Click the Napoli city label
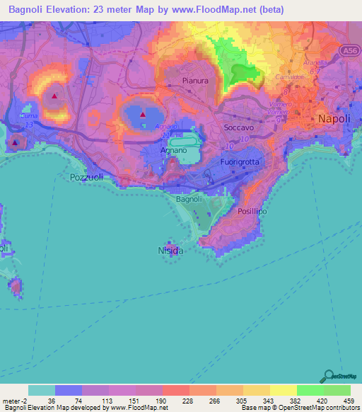coord(334,119)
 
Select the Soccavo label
coord(238,127)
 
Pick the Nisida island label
coord(170,251)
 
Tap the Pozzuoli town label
coord(87,178)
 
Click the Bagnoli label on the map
coord(189,200)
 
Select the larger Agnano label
coord(174,151)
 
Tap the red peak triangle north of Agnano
coord(143,113)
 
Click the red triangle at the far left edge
coord(15,142)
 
